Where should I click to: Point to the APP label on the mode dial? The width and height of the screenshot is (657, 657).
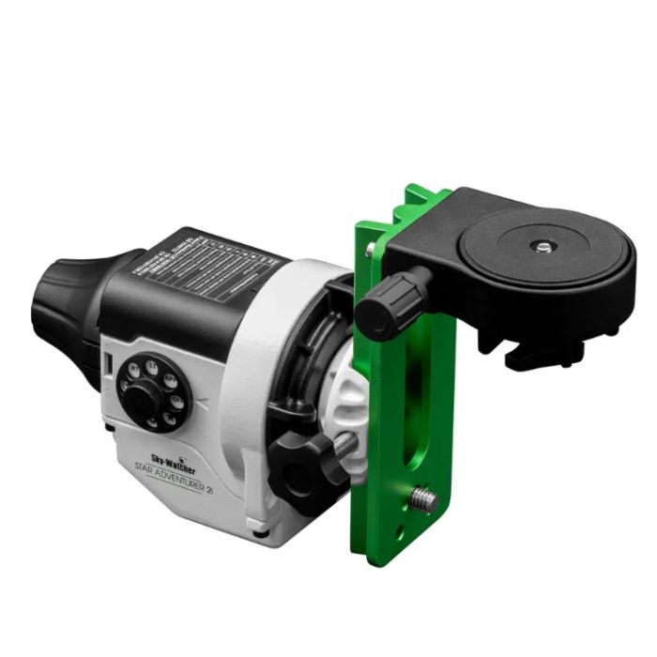[x=171, y=379]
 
